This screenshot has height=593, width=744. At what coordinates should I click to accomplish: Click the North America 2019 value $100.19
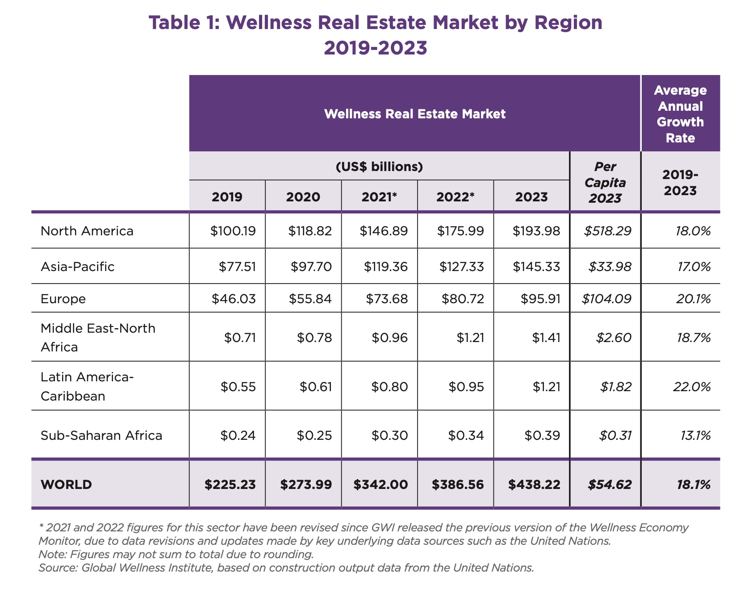(233, 231)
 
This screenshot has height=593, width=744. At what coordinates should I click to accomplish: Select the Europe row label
(63, 298)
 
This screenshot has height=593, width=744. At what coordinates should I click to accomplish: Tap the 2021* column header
(379, 197)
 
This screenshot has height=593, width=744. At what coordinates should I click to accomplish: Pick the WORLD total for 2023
(534, 484)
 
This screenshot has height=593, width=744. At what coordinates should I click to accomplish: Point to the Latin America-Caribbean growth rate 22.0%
(692, 386)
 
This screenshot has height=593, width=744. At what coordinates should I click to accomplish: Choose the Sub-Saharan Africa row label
(101, 435)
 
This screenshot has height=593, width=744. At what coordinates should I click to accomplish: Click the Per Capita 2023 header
(605, 182)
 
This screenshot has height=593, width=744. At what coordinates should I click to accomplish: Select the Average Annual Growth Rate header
(680, 114)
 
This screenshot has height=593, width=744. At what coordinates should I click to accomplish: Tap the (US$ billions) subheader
(379, 167)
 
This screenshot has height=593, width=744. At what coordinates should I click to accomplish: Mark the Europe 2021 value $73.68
(386, 298)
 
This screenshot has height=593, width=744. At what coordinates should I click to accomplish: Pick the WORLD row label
(66, 484)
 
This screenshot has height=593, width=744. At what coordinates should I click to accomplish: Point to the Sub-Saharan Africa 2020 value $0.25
(314, 435)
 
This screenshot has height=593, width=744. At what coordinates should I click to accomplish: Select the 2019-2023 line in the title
(375, 48)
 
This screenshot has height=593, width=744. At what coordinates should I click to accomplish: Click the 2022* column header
(455, 197)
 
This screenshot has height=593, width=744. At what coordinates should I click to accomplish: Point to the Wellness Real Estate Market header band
(414, 114)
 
